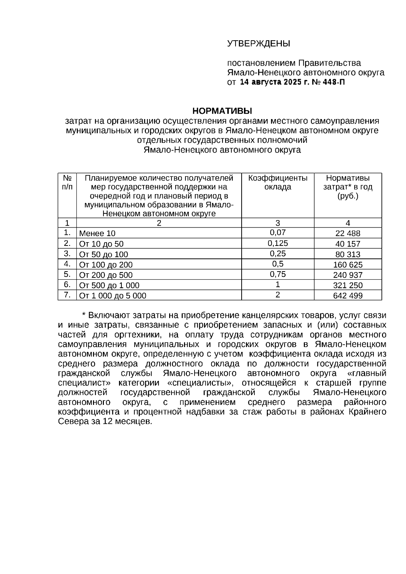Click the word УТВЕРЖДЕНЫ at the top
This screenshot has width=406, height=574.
pos(258,44)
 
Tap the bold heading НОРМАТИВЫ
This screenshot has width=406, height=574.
pos(222,111)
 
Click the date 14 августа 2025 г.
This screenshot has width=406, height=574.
pos(272,82)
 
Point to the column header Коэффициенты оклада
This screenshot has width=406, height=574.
pos(278,183)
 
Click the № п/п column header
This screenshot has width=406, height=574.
pos(67,183)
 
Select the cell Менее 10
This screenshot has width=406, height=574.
pos(97,233)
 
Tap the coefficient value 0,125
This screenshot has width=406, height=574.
pos(278,243)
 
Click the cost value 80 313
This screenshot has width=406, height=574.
pos(348,254)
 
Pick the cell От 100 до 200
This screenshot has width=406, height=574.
pos(106,265)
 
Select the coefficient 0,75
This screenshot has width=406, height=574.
pos(278,274)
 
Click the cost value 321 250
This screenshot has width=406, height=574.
pos(348,285)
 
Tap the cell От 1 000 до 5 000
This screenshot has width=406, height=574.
pos(113,296)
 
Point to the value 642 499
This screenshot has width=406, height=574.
pos(348,296)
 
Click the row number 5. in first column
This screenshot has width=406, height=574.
pos(67,274)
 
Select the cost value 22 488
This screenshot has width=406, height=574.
pos(348,233)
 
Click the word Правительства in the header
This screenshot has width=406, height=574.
pos(329,63)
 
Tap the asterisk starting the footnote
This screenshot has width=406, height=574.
pos(85,316)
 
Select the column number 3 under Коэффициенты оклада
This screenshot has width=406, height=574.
pos(278,223)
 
